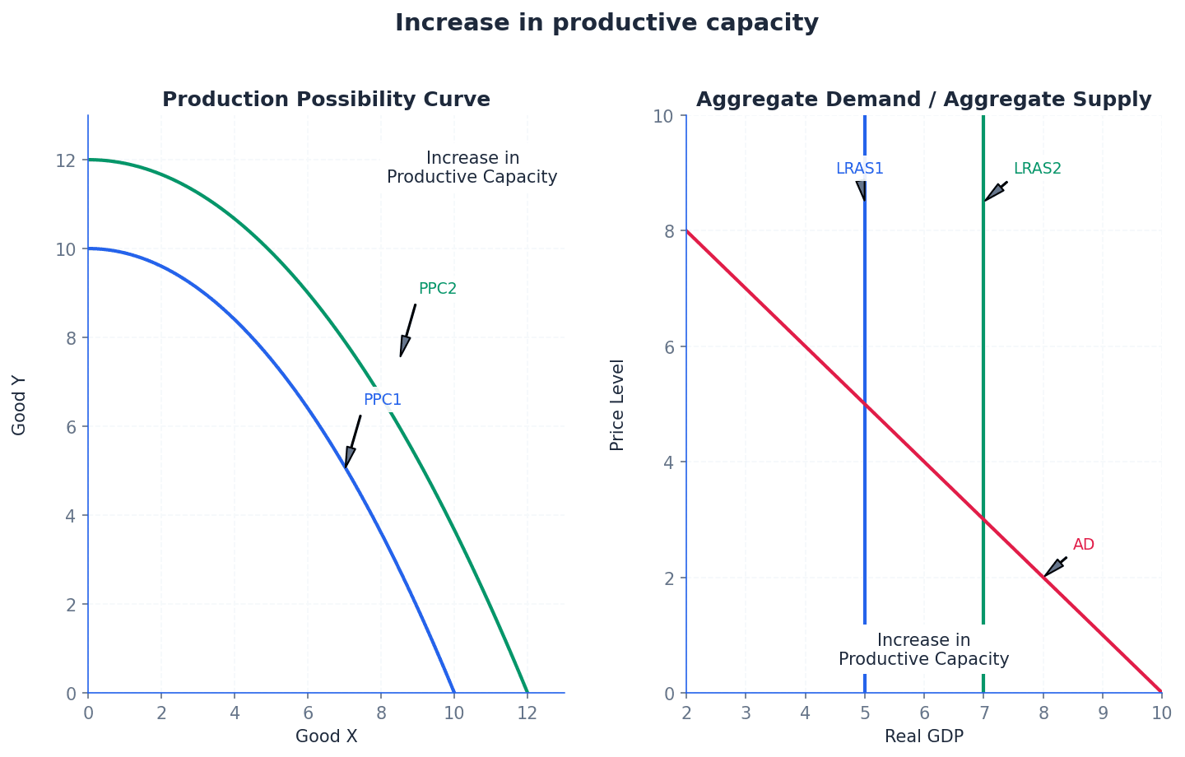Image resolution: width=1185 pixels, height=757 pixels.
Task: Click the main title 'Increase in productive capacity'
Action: [x=606, y=23]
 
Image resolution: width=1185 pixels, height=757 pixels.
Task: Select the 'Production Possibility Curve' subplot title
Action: [x=326, y=100]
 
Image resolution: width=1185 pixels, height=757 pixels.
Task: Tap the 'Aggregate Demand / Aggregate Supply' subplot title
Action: [x=923, y=100]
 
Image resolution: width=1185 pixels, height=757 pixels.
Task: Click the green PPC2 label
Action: [x=437, y=289]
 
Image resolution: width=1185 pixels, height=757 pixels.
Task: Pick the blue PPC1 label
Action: [x=383, y=400]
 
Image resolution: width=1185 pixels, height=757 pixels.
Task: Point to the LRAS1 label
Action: [x=859, y=169]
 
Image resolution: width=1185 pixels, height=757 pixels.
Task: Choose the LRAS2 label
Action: [x=1037, y=169]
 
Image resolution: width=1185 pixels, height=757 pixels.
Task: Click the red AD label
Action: [x=1083, y=545]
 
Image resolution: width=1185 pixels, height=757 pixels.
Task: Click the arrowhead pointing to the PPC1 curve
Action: [x=349, y=458]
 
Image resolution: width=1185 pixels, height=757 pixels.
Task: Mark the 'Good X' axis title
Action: [x=326, y=736]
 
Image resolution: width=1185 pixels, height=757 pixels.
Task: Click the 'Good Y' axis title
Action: [x=20, y=405]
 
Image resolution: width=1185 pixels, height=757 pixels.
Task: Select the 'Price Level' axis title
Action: [x=617, y=405]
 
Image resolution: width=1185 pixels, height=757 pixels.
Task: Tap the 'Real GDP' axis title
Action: [x=923, y=736]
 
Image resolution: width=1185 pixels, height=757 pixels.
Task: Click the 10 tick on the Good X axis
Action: [x=454, y=713]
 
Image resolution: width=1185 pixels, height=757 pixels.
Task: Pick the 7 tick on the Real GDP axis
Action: [x=983, y=713]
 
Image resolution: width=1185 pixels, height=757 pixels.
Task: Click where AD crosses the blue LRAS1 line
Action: [x=865, y=404]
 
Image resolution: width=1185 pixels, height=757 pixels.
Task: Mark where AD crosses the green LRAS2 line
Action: [x=983, y=520]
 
